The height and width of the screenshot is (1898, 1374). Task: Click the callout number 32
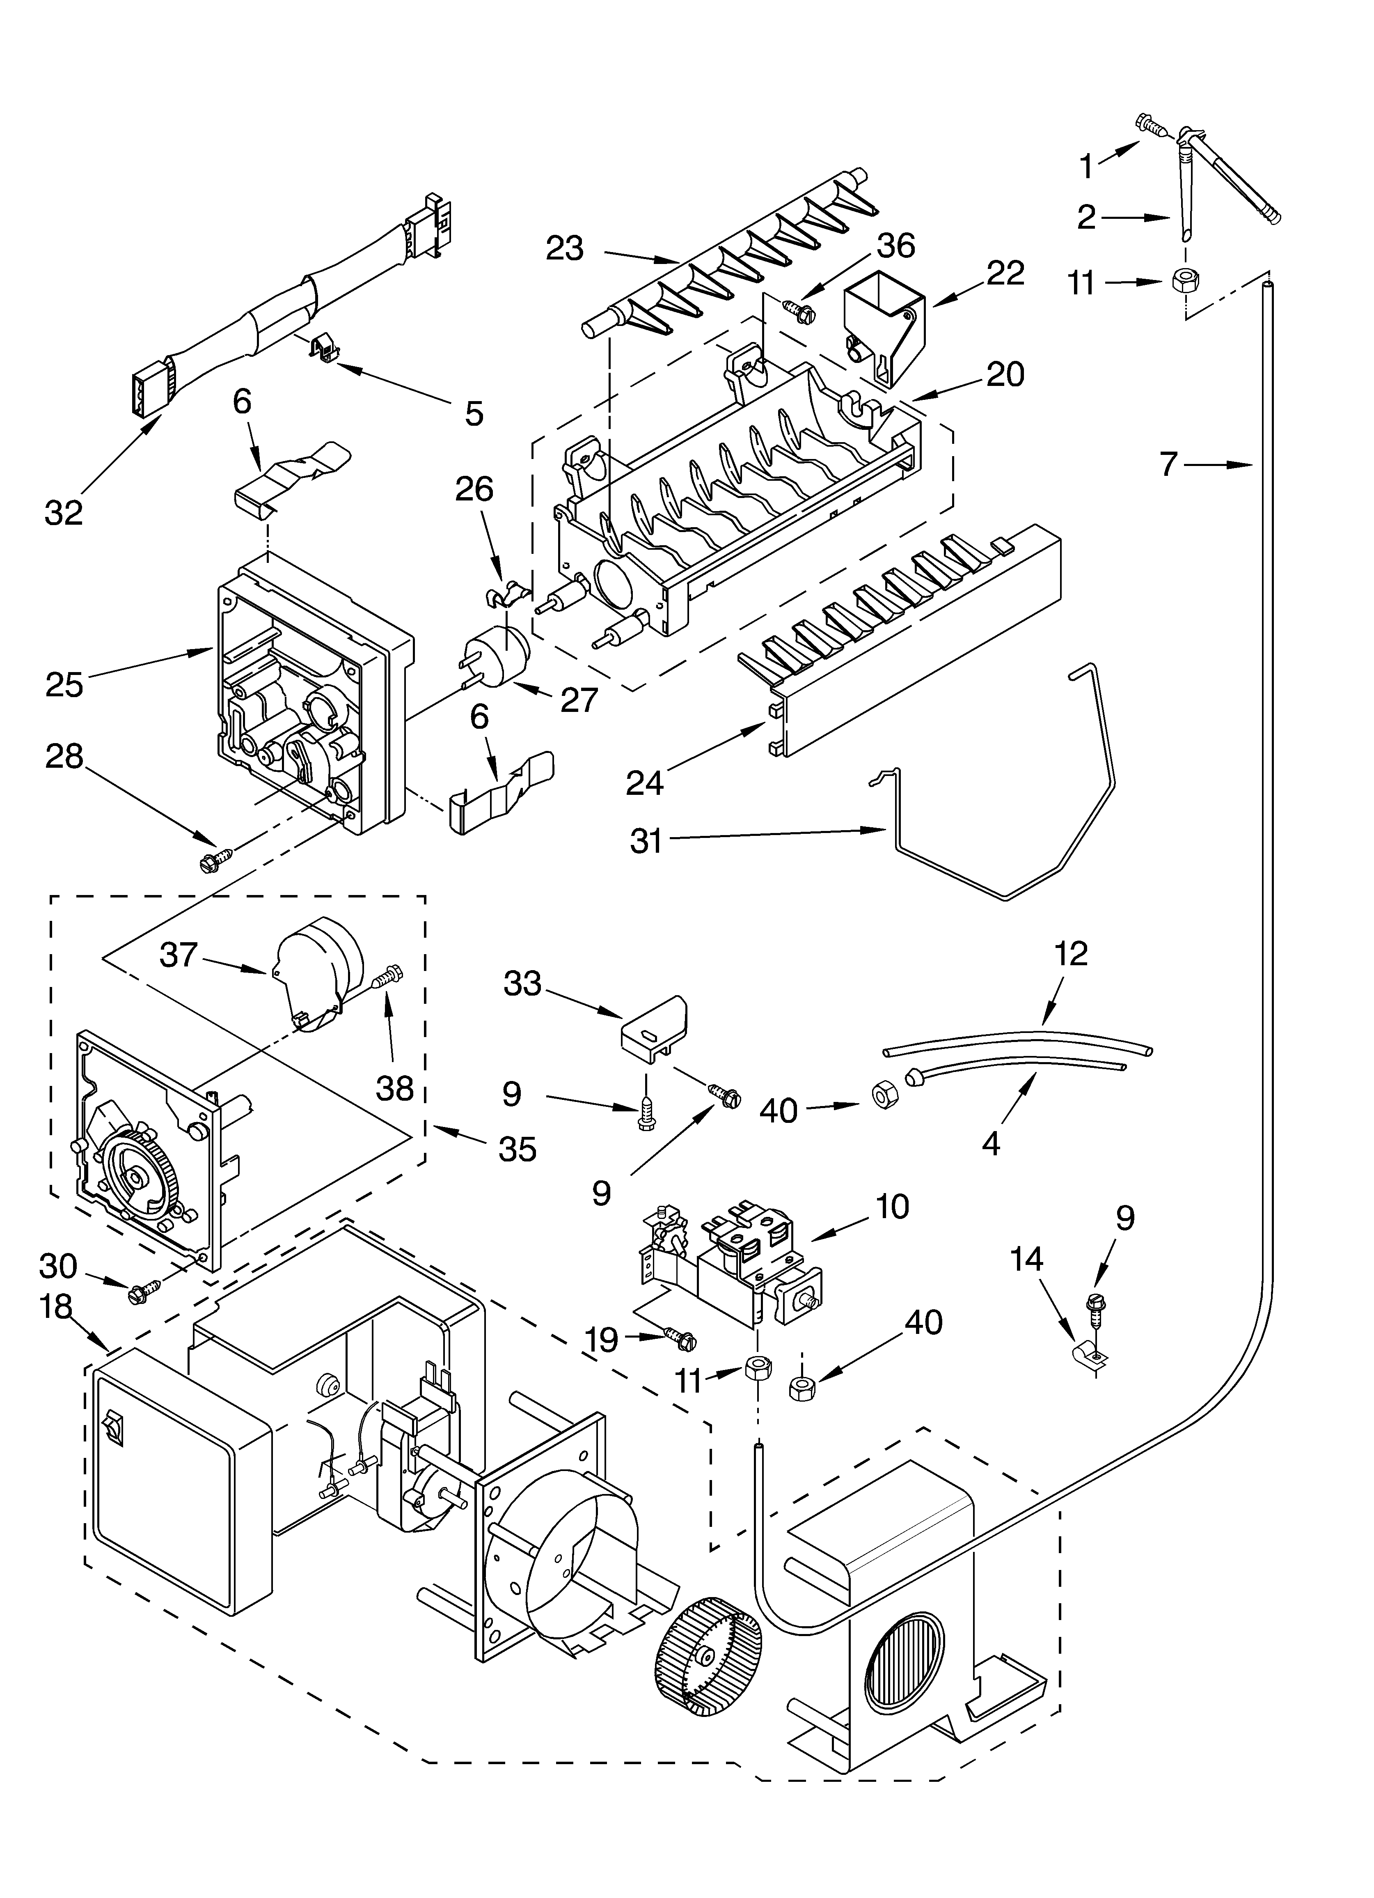point(64,512)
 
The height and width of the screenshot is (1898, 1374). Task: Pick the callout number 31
point(646,841)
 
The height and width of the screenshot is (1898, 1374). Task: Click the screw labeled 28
point(213,859)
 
